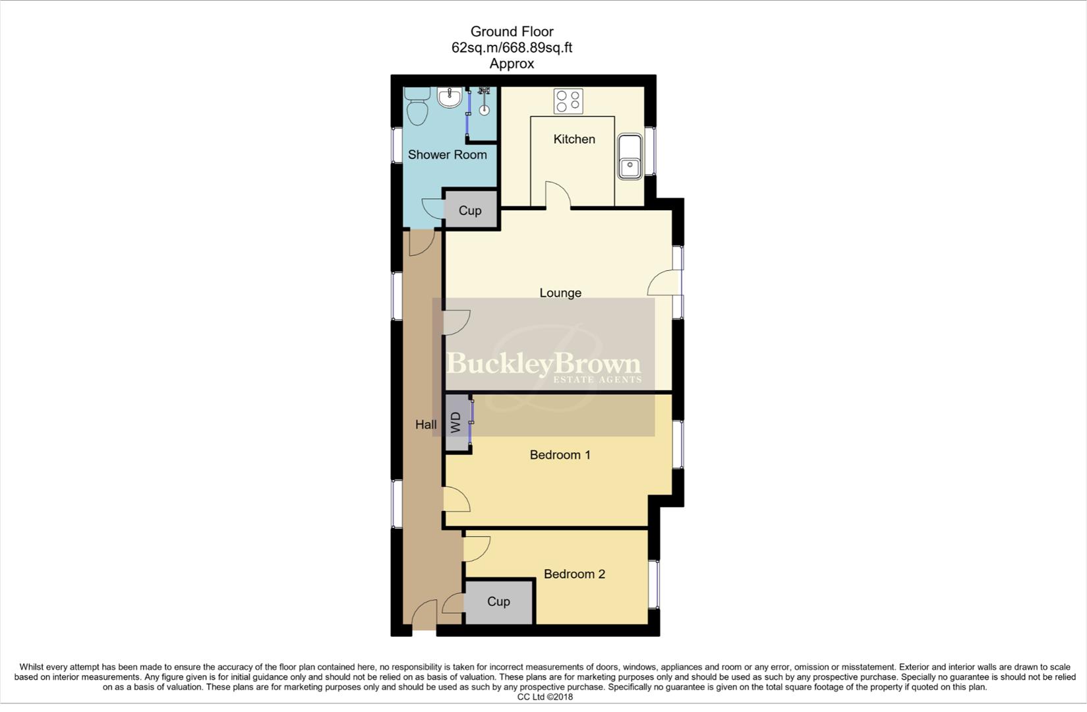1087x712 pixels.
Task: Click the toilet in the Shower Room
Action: pyautogui.click(x=417, y=107)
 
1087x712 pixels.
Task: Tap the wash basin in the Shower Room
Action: pyautogui.click(x=450, y=99)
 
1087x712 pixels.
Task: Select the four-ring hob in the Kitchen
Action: pyautogui.click(x=568, y=101)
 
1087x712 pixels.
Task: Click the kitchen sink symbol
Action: pyautogui.click(x=630, y=157)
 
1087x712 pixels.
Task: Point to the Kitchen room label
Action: pyautogui.click(x=574, y=139)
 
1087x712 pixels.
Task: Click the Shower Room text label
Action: pyautogui.click(x=447, y=155)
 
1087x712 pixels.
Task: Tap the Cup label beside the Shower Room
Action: pyautogui.click(x=470, y=210)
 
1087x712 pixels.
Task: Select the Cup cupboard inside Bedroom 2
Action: pyautogui.click(x=498, y=602)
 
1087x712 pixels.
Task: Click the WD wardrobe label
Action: pyautogui.click(x=455, y=423)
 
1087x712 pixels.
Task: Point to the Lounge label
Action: pyautogui.click(x=560, y=293)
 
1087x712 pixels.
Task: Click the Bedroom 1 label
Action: pyautogui.click(x=560, y=455)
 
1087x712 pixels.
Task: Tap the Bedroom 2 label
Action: pyautogui.click(x=574, y=574)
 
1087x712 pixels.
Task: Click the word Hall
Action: pyautogui.click(x=426, y=425)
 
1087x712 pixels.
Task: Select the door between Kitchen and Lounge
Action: pyautogui.click(x=558, y=195)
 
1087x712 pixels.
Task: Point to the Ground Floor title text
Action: pyautogui.click(x=512, y=32)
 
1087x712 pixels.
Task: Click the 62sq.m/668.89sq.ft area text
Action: pyautogui.click(x=512, y=47)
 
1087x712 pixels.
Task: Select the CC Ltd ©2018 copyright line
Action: pyautogui.click(x=544, y=697)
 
